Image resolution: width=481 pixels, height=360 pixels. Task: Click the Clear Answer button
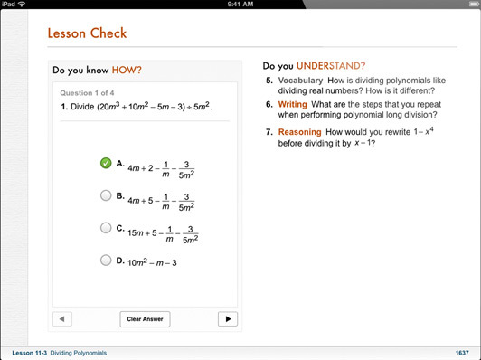pos(145,319)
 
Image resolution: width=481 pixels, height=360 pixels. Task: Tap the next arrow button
pos(228,319)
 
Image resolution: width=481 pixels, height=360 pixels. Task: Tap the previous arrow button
pos(62,319)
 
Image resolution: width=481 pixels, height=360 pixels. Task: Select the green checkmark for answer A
pos(106,163)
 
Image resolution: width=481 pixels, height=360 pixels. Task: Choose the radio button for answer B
pos(106,195)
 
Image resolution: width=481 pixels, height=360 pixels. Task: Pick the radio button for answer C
pos(106,228)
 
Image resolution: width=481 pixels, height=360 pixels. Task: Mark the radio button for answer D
pos(106,261)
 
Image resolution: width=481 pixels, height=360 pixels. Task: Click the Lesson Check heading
pos(87,33)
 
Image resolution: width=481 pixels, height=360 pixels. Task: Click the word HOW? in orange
pos(127,70)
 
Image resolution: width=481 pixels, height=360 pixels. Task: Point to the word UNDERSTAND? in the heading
pos(331,66)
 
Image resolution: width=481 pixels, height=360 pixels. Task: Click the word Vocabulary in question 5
pos(300,81)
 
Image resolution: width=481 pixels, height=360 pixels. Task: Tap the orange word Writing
pos(292,104)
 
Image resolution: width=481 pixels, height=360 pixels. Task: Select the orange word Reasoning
pos(299,132)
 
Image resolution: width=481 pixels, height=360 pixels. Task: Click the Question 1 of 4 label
pos(87,93)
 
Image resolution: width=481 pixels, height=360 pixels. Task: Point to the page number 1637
pos(462,353)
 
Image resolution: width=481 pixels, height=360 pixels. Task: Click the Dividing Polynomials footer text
pos(79,353)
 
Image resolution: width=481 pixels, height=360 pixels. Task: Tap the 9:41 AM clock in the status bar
pos(240,4)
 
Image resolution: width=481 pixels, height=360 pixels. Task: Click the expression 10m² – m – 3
pos(152,262)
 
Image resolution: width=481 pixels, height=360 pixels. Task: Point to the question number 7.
pos(269,132)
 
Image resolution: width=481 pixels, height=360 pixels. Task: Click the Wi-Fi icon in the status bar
pos(22,4)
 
